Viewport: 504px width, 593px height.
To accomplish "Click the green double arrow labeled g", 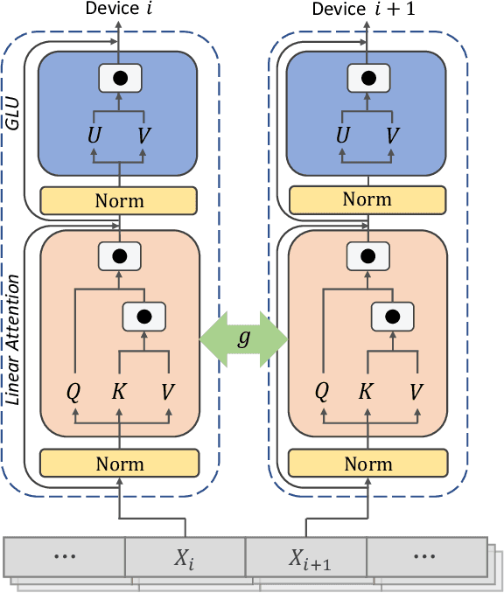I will [244, 337].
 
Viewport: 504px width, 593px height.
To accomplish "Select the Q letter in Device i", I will [74, 390].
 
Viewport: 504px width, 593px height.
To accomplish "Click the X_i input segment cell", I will [185, 556].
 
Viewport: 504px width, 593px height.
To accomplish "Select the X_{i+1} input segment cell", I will [305, 556].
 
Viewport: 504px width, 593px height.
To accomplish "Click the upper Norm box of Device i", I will [119, 200].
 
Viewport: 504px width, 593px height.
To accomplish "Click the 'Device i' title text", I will [119, 10].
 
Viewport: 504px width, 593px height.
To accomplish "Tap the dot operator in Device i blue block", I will [119, 78].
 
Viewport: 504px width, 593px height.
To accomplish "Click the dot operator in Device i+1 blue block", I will [367, 78].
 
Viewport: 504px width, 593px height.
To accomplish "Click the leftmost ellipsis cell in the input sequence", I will [66, 556].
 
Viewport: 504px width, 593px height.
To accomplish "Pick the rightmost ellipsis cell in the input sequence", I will [425, 556].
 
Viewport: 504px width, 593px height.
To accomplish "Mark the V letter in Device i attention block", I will [167, 390].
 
